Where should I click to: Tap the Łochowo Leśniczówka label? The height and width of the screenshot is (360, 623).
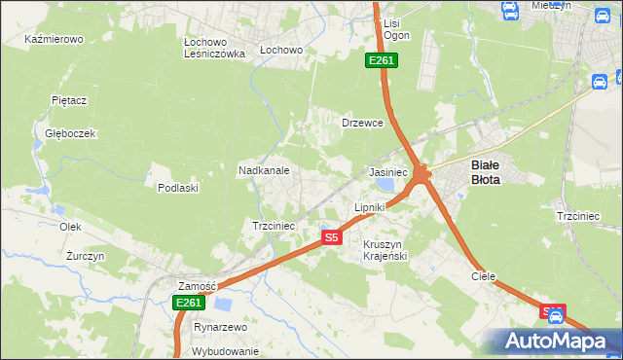214,49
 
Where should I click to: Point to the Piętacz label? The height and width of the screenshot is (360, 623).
70,99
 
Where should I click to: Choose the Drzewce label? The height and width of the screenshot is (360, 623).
362,124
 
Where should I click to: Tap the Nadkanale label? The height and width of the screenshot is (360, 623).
264,170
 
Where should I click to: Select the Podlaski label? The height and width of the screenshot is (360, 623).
178,188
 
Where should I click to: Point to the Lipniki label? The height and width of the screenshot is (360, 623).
370,207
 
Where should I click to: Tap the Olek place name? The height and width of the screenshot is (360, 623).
69,226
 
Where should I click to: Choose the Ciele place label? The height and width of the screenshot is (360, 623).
484,276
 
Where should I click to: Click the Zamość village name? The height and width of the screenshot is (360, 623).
196,286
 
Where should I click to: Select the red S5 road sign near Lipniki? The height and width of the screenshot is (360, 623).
332,236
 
